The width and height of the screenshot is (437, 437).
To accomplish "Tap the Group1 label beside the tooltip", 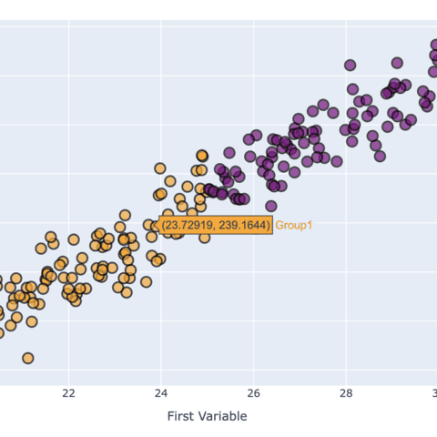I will [x=294, y=224].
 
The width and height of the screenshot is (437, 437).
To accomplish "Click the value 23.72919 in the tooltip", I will [x=189, y=224].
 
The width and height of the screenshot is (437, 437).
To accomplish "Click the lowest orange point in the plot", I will [x=28, y=358].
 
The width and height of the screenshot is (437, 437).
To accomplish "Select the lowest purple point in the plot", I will [x=271, y=207].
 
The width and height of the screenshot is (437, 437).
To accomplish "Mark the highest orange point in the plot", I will [x=202, y=156].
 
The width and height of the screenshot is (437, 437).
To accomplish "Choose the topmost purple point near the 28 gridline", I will [x=351, y=65].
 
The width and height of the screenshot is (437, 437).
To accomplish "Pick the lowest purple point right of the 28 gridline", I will [x=380, y=156].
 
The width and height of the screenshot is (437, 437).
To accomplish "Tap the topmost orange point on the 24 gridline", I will [x=160, y=168].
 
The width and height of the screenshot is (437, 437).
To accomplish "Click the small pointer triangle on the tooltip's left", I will [x=157, y=224].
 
